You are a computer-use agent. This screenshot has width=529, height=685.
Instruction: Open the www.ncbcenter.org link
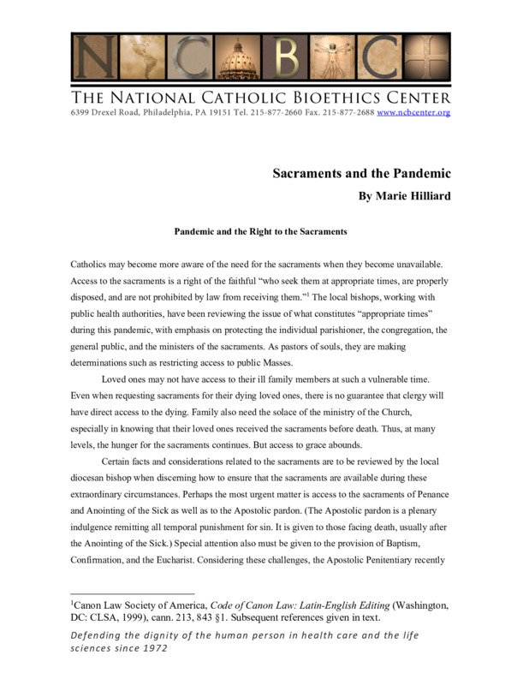pyautogui.click(x=413, y=113)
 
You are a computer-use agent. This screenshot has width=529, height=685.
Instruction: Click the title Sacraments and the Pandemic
pyautogui.click(x=361, y=174)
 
